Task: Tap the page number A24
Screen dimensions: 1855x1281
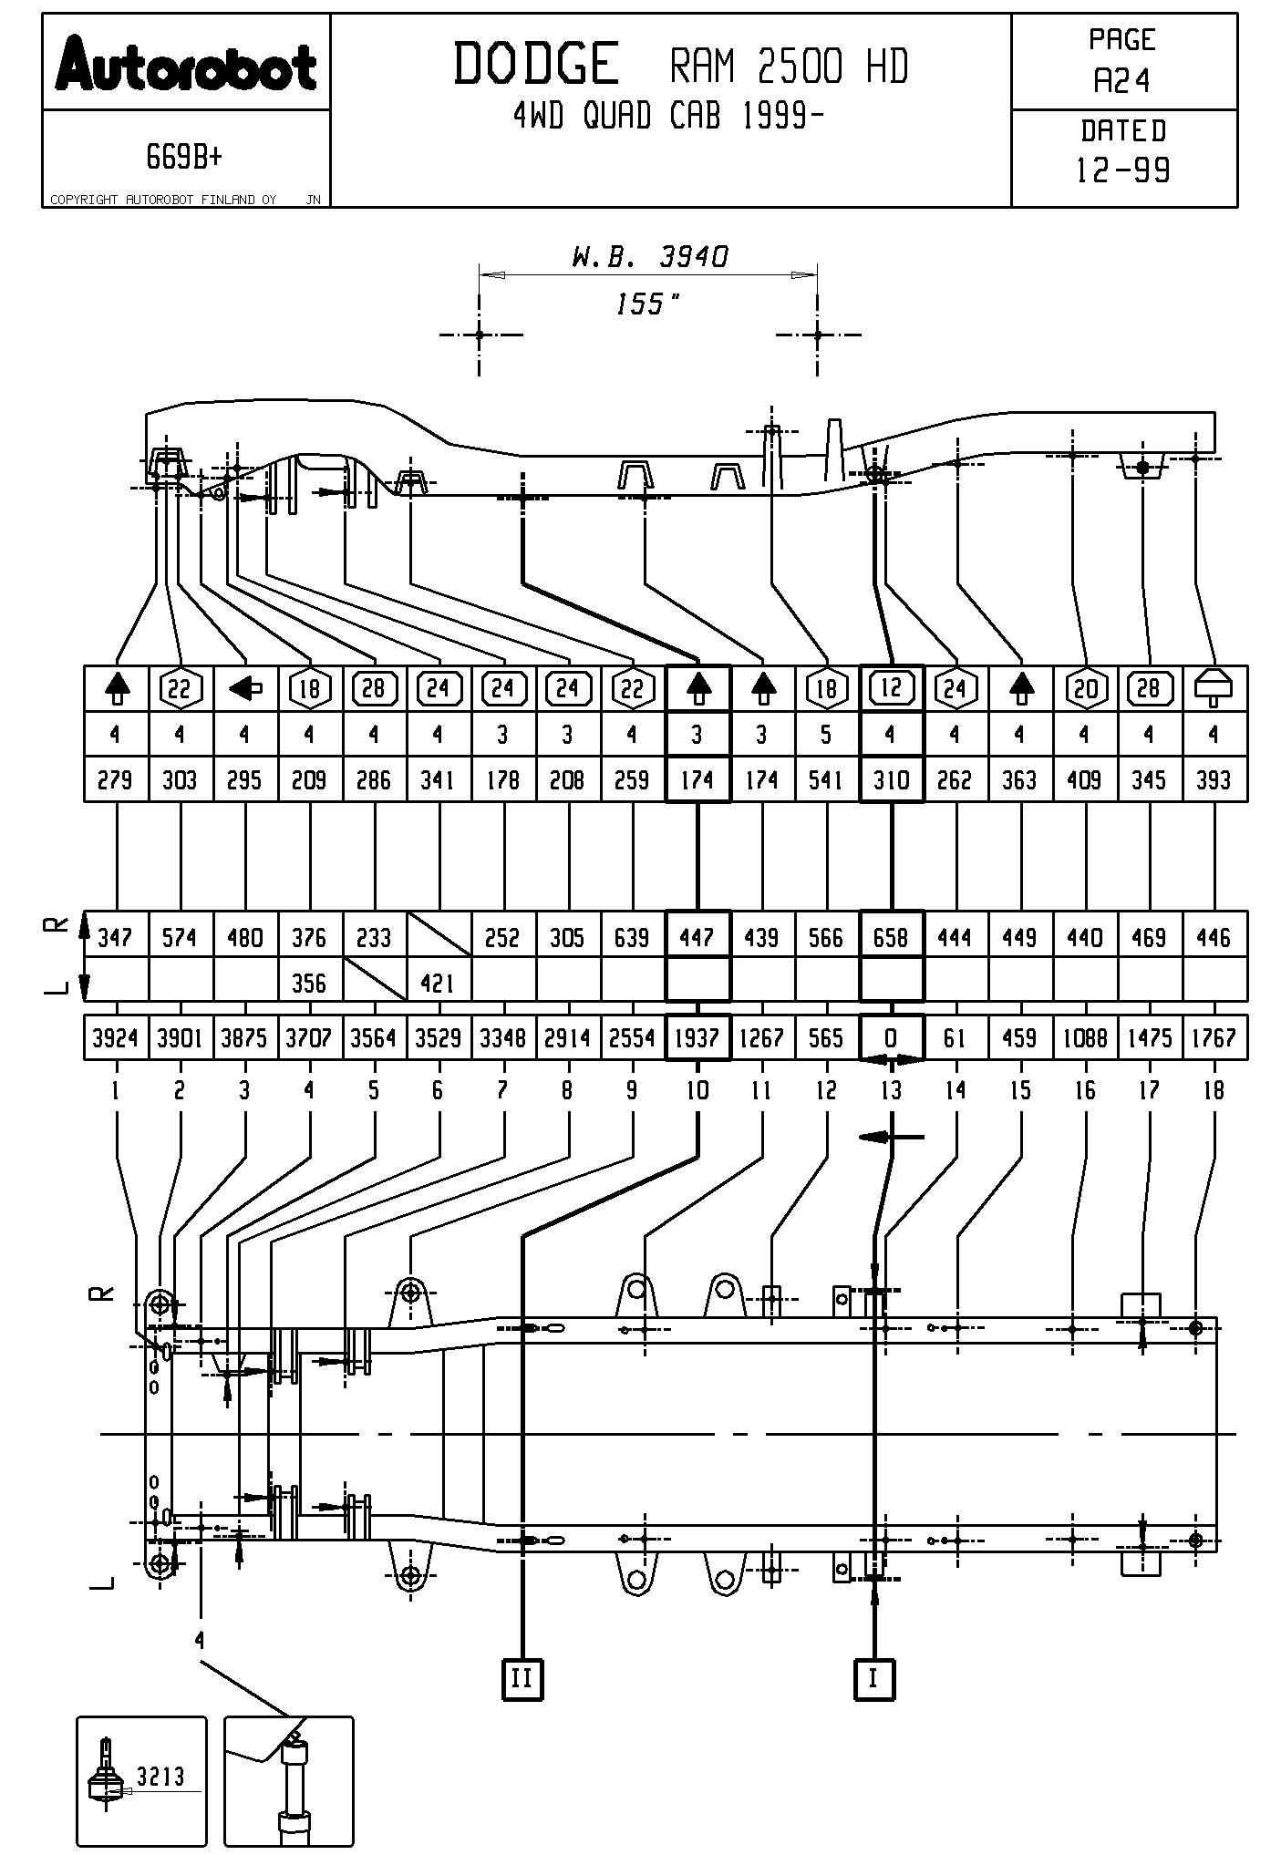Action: [x=1122, y=82]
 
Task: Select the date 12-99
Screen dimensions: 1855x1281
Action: [x=1122, y=170]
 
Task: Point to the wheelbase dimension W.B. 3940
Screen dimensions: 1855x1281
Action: [x=650, y=257]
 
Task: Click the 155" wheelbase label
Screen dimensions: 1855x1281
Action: [x=648, y=304]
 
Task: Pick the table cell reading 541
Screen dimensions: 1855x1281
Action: [x=826, y=779]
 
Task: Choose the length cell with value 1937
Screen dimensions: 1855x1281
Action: [x=697, y=1037]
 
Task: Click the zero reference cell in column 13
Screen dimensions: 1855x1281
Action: [x=891, y=1037]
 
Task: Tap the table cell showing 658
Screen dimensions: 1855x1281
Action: [x=891, y=936]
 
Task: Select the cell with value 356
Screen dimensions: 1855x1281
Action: [x=309, y=983]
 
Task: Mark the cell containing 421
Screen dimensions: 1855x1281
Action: [x=439, y=983]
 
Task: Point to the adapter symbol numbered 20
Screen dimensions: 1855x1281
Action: [x=1085, y=688]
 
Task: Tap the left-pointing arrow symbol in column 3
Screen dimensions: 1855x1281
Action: [x=244, y=688]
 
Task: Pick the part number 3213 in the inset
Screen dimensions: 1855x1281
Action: [x=160, y=1775]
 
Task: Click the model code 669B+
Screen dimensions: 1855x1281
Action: [x=184, y=158]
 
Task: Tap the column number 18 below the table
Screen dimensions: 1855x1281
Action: [x=1214, y=1090]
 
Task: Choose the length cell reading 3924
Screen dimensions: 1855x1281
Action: [x=115, y=1037]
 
